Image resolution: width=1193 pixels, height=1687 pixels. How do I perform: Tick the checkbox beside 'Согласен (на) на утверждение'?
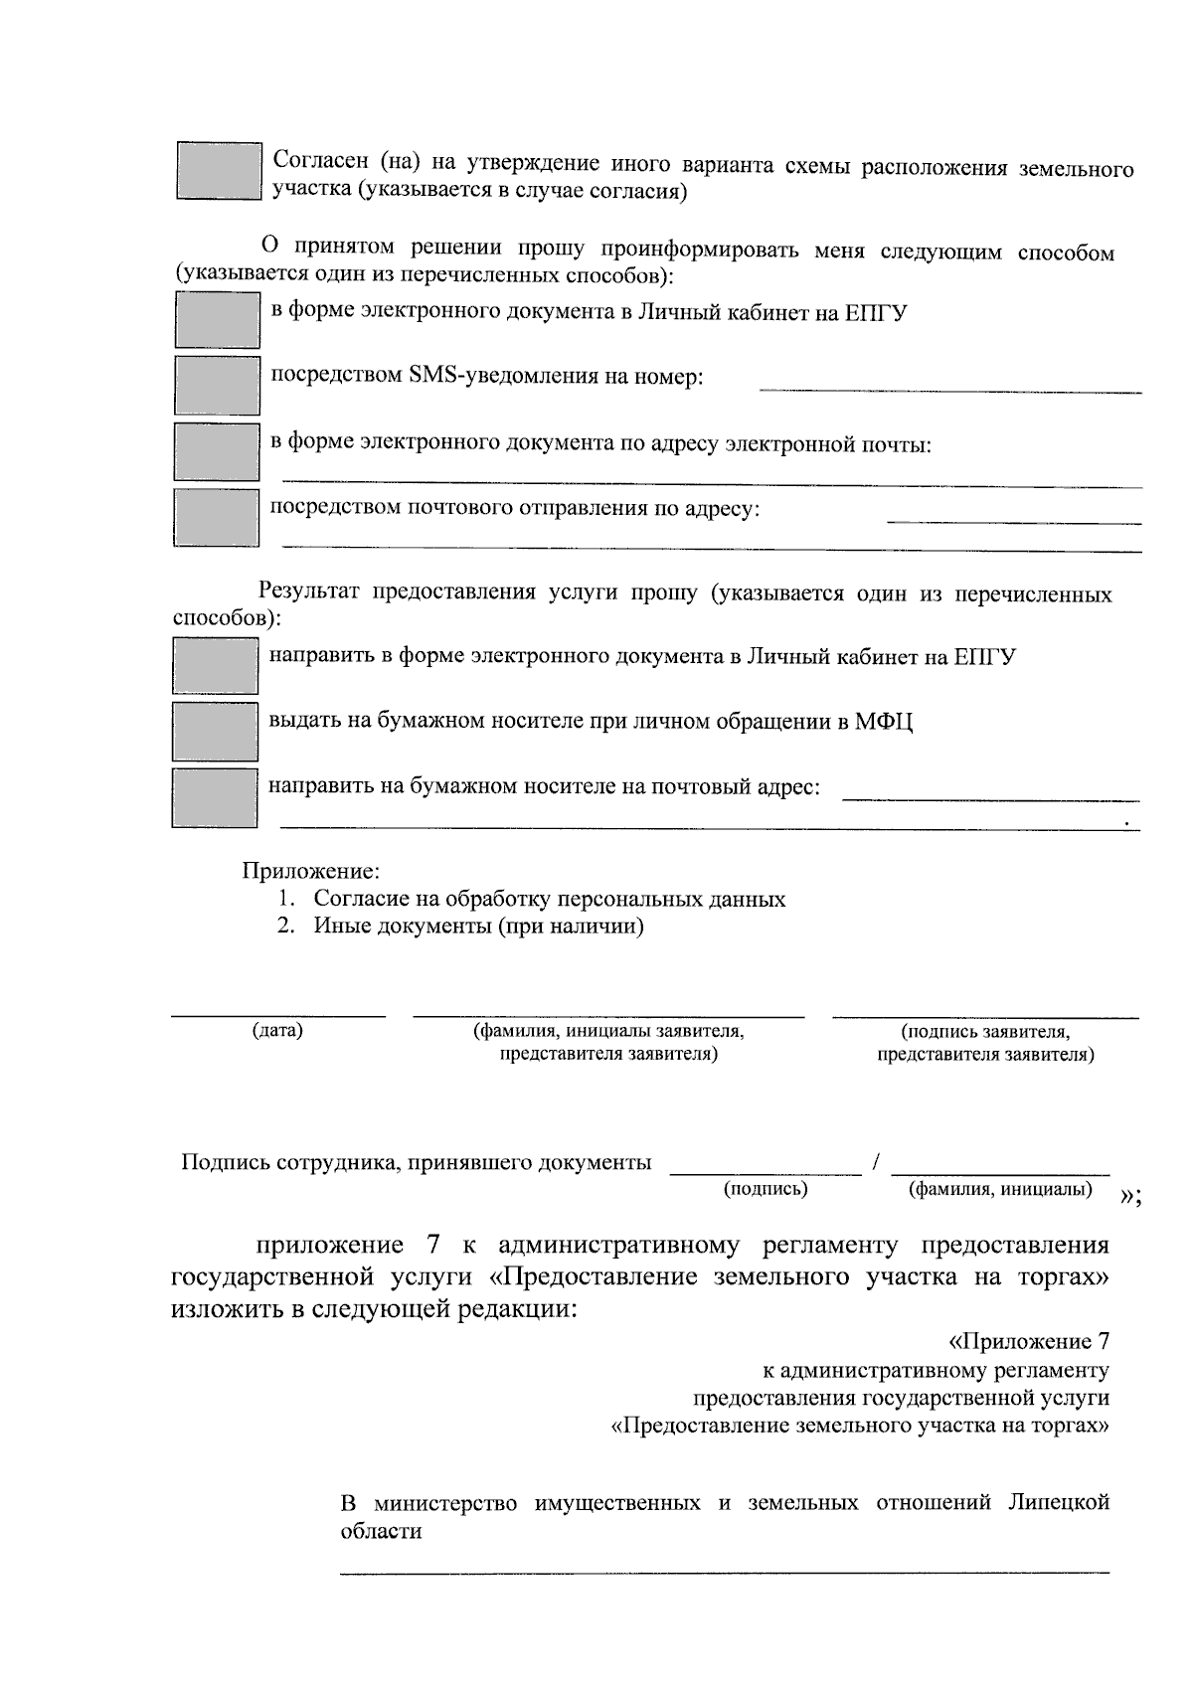[219, 170]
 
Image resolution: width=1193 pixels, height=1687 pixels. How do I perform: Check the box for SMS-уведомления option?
[217, 385]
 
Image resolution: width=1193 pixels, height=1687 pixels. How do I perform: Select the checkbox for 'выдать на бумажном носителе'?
[215, 731]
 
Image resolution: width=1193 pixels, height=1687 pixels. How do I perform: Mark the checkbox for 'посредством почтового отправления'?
[216, 517]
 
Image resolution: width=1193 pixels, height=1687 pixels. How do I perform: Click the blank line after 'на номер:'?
[949, 390]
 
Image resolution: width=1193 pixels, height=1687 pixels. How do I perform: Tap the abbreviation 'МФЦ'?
[884, 721]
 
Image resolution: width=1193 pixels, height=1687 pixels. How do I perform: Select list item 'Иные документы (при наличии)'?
[478, 927]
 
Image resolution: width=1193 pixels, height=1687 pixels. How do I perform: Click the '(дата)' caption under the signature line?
[277, 1030]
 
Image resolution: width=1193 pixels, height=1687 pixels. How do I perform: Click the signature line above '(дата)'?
[277, 1015]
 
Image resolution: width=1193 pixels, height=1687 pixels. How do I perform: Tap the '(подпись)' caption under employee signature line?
[766, 1188]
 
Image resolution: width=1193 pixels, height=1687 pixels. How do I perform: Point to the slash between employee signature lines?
[876, 1161]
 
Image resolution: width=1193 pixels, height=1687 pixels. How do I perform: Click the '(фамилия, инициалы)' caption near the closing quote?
[1000, 1189]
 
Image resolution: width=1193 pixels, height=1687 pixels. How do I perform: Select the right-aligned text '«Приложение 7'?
[1028, 1342]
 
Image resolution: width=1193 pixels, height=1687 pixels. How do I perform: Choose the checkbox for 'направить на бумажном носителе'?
[215, 797]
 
